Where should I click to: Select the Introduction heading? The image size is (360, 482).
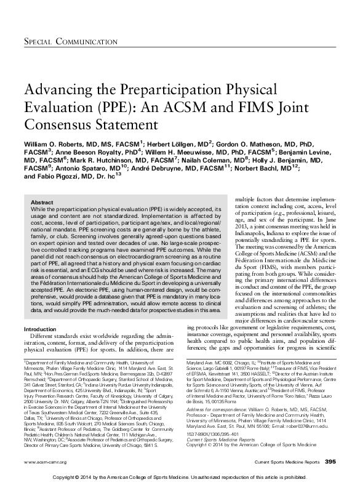[x=39, y=330]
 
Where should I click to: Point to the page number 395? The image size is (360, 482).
[x=330, y=462]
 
